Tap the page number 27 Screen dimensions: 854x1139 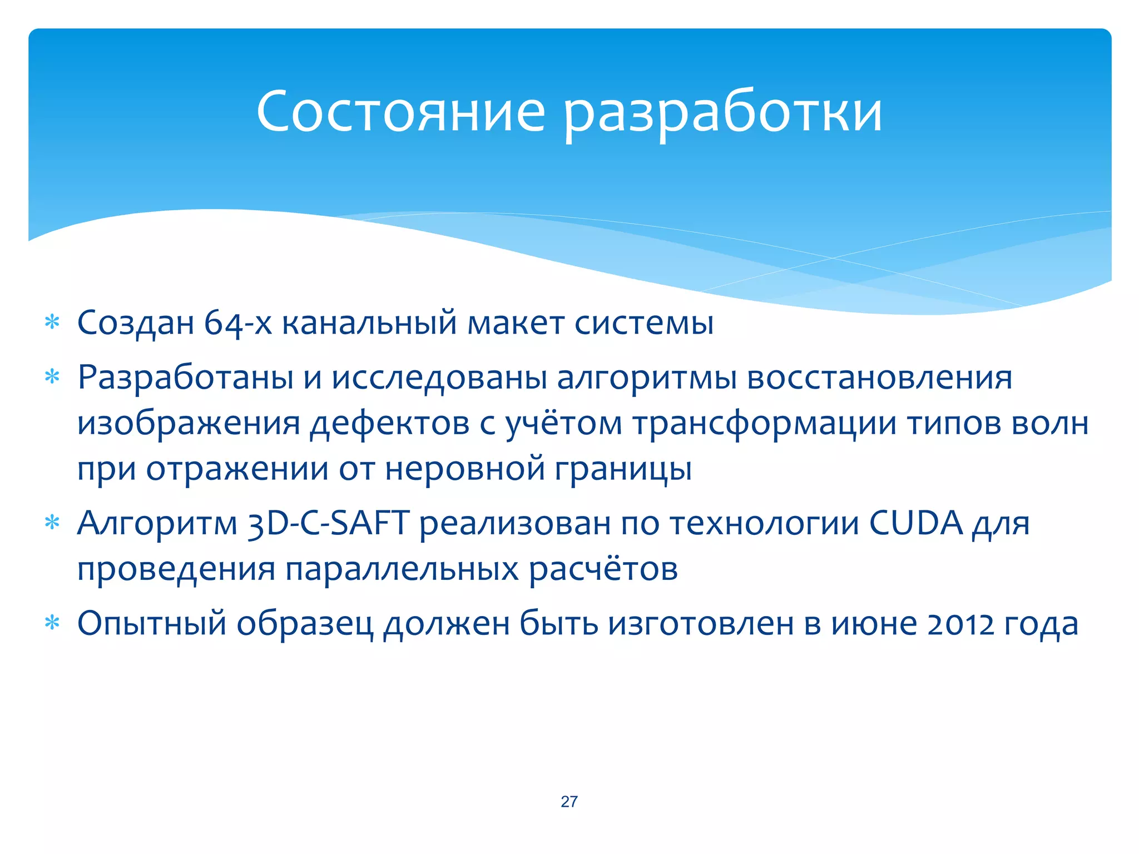(x=569, y=801)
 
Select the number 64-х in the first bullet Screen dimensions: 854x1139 (x=238, y=322)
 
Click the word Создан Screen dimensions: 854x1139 (x=135, y=322)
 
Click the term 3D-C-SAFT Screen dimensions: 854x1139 (x=329, y=524)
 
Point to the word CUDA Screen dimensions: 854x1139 (x=915, y=524)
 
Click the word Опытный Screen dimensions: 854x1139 (x=152, y=624)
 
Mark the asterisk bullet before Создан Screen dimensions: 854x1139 (x=52, y=322)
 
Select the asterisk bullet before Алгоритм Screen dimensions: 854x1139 (x=52, y=523)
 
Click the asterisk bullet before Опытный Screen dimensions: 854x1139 (x=52, y=623)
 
